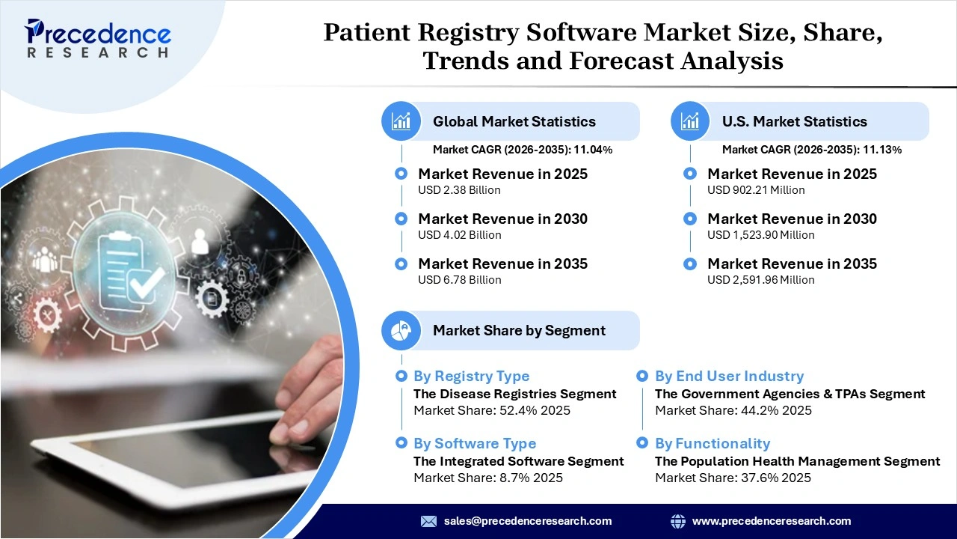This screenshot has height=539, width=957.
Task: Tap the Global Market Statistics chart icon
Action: coord(401,121)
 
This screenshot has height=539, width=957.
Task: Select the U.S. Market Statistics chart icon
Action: coord(690,121)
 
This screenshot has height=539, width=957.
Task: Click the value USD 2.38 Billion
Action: coord(459,190)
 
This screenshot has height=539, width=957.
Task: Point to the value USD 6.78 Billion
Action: coord(459,280)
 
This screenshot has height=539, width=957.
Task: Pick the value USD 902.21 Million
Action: coord(756,190)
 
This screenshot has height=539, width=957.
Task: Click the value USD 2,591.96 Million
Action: coord(760,280)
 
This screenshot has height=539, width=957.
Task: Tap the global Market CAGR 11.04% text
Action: coord(523,150)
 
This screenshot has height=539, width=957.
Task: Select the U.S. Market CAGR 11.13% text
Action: coord(812,150)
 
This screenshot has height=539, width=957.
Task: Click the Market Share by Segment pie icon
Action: coord(401,330)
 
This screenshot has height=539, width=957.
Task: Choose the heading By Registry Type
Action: coord(471,377)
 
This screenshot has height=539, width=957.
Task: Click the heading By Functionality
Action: coord(713,444)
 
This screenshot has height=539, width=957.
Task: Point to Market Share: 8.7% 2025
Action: coord(488,478)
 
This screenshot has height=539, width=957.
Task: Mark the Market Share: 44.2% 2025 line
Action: coord(733,410)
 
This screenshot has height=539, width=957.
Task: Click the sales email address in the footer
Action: coord(528,521)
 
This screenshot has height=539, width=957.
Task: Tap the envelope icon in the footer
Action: coord(428,521)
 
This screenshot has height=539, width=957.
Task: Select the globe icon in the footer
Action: coord(678,521)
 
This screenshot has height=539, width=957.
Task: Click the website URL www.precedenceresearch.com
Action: coord(772,521)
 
